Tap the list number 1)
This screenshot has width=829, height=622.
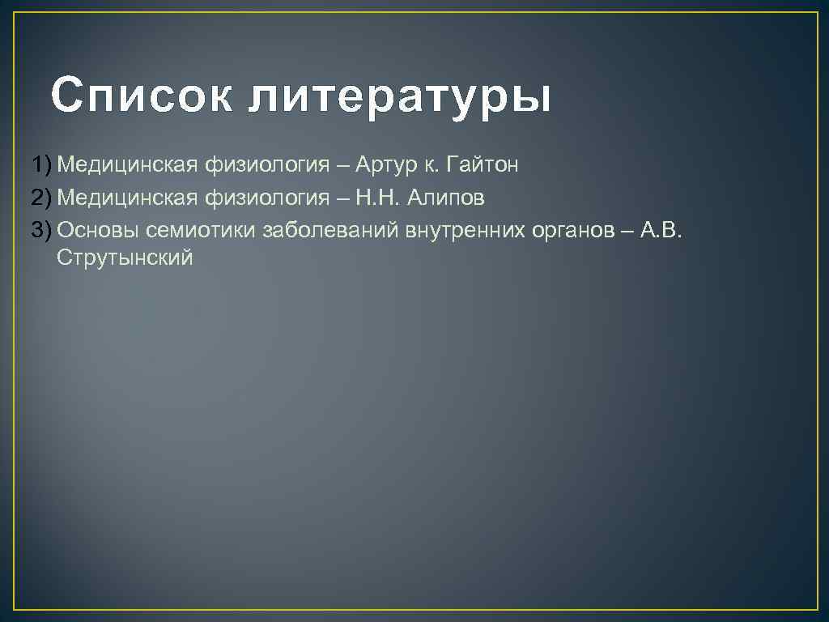coord(42,165)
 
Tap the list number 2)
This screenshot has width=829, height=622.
coord(42,197)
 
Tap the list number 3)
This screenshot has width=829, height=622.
coord(42,229)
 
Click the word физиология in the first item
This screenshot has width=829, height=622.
coord(266,166)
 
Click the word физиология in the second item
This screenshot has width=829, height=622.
coord(266,198)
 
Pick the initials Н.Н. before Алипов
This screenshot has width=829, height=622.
coord(377,197)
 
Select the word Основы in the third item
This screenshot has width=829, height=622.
coord(98,229)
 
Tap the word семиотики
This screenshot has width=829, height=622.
coord(202,229)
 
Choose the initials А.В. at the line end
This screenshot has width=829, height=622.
coord(662,229)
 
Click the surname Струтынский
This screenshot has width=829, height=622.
coord(125,258)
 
